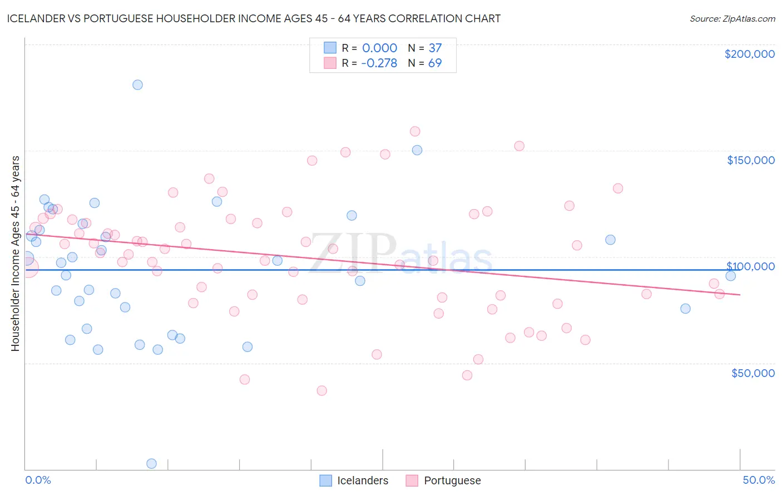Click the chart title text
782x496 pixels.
(254, 18)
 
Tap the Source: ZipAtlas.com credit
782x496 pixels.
(732, 18)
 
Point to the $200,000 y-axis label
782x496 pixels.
(749, 54)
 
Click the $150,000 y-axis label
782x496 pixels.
(750, 160)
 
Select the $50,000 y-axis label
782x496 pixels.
(753, 373)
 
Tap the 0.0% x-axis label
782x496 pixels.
(38, 480)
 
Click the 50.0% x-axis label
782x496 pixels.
(759, 480)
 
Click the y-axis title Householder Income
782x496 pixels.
(15, 254)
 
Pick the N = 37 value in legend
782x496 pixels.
(424, 48)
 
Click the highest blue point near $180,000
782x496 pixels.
(137, 85)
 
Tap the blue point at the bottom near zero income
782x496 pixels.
(151, 463)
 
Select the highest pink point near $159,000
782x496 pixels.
(415, 131)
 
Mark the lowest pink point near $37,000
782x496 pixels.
(321, 390)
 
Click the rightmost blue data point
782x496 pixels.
(731, 276)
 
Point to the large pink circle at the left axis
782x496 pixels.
(27, 267)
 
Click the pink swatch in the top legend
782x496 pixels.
(330, 63)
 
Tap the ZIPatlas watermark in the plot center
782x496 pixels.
(400, 255)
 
